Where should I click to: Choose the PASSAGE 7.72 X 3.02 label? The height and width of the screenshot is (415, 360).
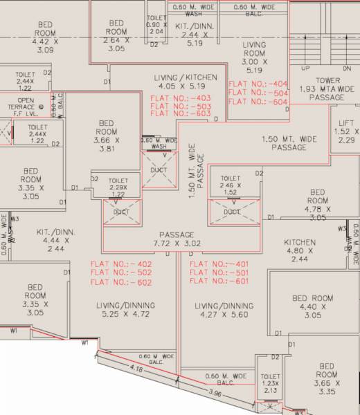click(177, 239)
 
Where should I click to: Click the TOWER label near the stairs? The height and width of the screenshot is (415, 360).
click(328, 80)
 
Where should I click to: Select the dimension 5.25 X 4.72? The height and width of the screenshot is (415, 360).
click(125, 314)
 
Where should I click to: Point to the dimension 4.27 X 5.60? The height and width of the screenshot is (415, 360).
click(224, 314)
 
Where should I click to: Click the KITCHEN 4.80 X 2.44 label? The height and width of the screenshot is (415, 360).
click(300, 250)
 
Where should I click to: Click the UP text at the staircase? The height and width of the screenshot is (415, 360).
click(305, 68)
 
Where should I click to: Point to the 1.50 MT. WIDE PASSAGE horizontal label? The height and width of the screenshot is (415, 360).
click(289, 143)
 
